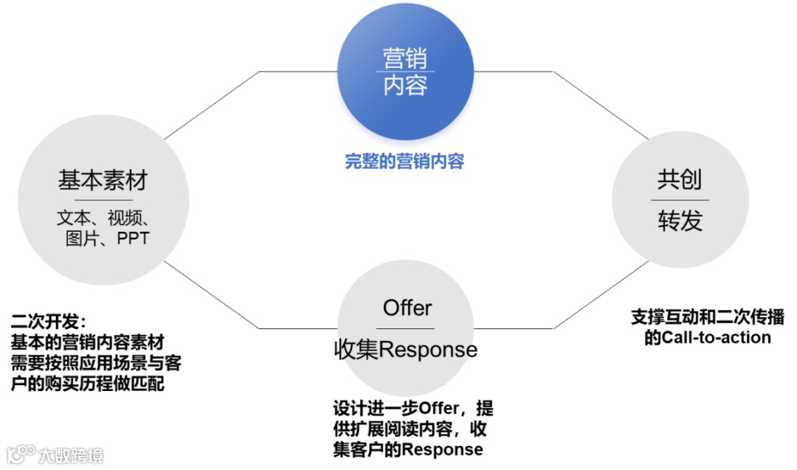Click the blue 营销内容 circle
pos(405,72)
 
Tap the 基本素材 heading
pos(103,181)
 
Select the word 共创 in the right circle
pos(679,179)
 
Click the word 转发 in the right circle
pos(679,221)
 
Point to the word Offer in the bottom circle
pos(407,308)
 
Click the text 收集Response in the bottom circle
pos(405,349)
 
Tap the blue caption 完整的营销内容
pos(404,162)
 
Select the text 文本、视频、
pos(103,218)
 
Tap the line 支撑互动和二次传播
pos(707,318)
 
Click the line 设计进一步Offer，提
pos(413,408)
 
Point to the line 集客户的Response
pos(407,449)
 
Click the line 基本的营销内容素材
pos(87,343)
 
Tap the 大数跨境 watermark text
pos(72,455)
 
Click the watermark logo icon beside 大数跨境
pos(21,454)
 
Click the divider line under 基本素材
pos(103,199)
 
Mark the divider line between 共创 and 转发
pos(679,200)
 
